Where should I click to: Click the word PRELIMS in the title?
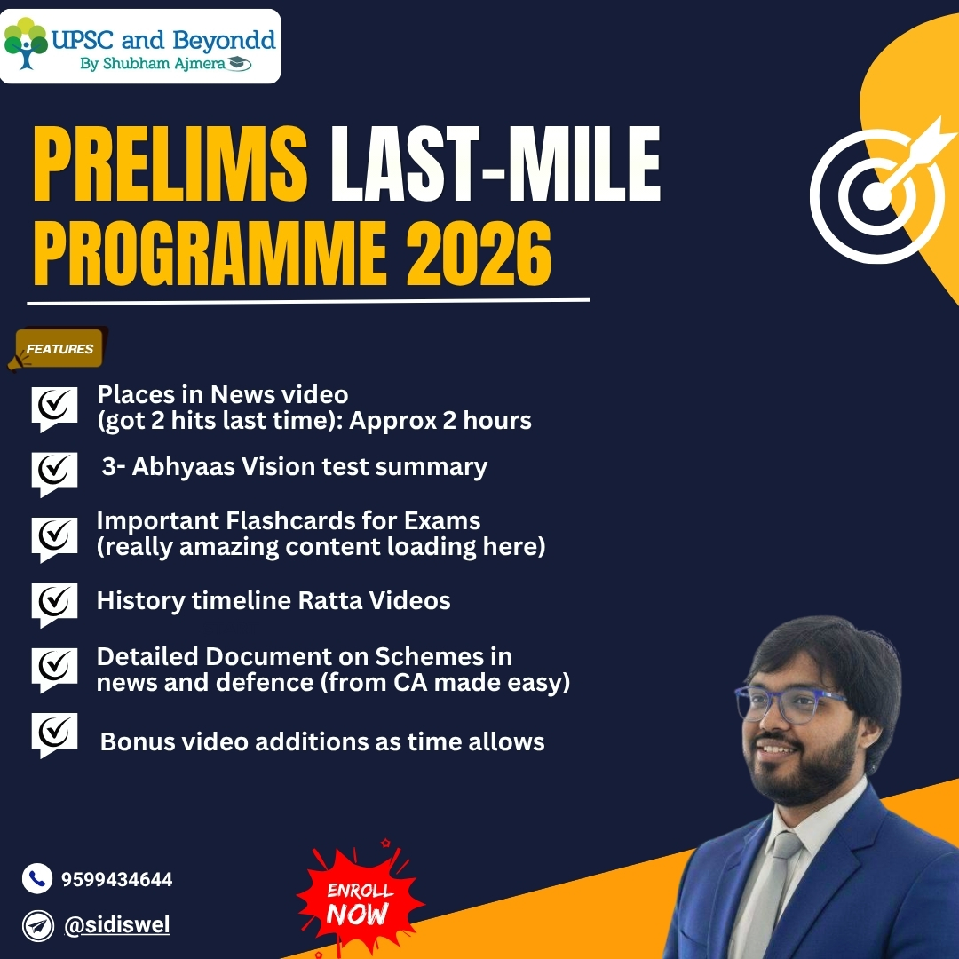click(170, 163)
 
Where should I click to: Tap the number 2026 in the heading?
click(479, 253)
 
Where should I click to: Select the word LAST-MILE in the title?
click(495, 163)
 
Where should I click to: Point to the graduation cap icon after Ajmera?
click(239, 63)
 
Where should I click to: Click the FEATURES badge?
click(58, 349)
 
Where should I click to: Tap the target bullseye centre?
click(876, 196)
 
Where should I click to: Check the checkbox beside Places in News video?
click(54, 408)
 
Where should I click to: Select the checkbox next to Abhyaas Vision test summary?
click(54, 473)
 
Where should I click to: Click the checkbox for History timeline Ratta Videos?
click(54, 605)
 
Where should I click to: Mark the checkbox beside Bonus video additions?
click(54, 734)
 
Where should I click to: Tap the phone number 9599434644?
click(117, 879)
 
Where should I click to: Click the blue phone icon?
click(37, 879)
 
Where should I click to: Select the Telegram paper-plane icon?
click(38, 926)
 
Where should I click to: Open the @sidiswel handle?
click(117, 925)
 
